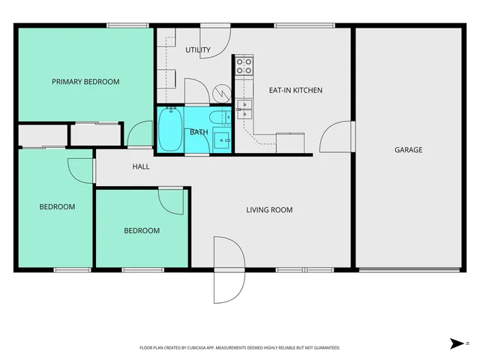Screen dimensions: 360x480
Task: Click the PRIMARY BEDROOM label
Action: [x=85, y=82]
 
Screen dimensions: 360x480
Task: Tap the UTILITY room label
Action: [x=198, y=50]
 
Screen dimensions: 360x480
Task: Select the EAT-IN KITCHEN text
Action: [x=295, y=90]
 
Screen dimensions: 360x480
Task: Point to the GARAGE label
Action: [x=409, y=150]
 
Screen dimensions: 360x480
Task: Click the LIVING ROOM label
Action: [x=269, y=210]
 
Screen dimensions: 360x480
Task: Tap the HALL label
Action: [x=141, y=166]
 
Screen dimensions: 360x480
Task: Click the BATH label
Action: [x=199, y=133]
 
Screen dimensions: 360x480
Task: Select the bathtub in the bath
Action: [x=170, y=130]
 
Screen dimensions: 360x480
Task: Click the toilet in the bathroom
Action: [x=220, y=117]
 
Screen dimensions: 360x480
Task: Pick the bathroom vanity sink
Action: [x=221, y=139]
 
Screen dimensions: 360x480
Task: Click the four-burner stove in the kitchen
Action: [x=244, y=66]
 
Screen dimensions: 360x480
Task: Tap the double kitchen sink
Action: [x=243, y=110]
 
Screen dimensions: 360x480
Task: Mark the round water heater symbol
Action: [x=221, y=92]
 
